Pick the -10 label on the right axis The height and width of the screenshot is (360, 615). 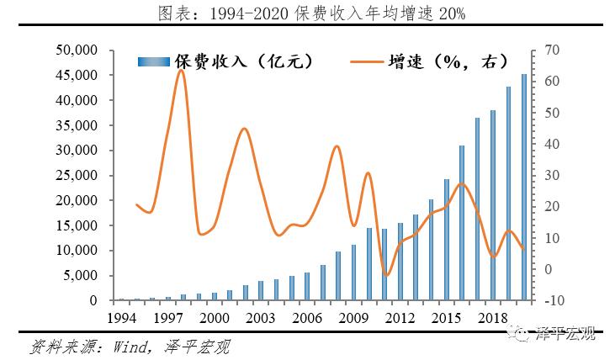pos(554,301)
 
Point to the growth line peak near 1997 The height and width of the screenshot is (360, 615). pos(181,71)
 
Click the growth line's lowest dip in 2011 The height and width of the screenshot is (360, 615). pos(385,275)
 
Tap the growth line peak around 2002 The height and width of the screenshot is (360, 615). pos(244,129)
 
